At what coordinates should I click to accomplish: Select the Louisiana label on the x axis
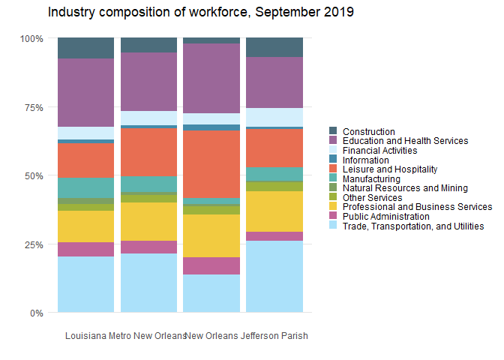[85, 336]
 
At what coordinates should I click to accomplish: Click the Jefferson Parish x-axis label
[274, 336]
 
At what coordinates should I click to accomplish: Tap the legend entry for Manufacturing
[371, 179]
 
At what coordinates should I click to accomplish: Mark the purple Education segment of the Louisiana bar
[85, 92]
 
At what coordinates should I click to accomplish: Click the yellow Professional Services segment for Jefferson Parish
[274, 211]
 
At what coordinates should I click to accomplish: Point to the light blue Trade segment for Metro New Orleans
[148, 283]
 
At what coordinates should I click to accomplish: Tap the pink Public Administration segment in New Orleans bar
[211, 265]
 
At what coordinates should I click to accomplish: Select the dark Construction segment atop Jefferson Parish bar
[274, 47]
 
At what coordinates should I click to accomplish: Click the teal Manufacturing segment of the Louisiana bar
[85, 187]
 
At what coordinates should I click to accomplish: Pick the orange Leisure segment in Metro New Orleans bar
[148, 152]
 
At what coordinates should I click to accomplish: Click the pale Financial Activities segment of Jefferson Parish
[274, 117]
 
